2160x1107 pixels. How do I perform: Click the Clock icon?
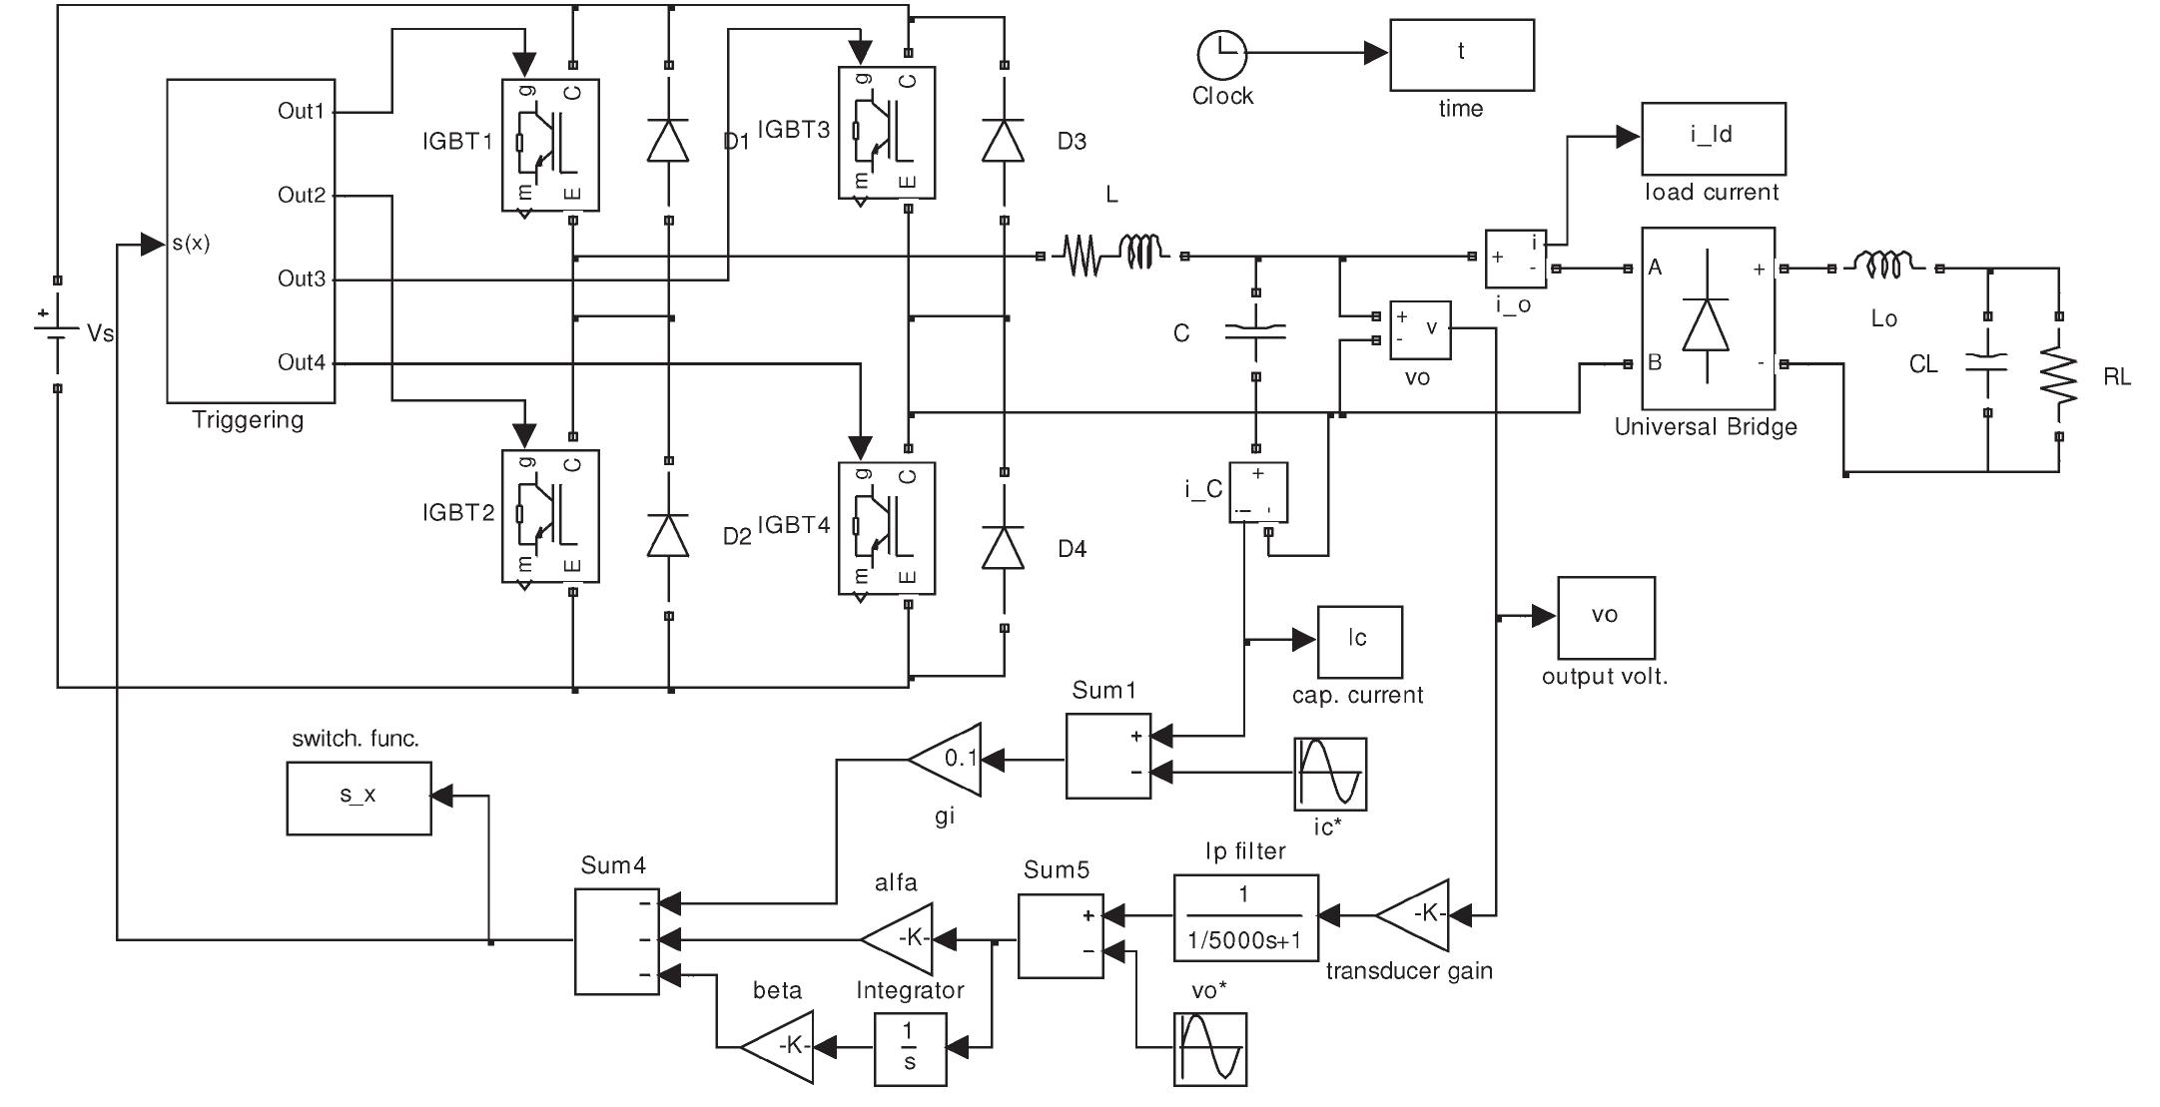[1221, 54]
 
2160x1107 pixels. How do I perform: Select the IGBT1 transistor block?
[549, 145]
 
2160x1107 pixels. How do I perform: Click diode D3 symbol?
[1004, 141]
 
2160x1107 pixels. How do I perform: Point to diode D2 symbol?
[668, 536]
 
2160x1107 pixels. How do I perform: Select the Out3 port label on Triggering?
[302, 278]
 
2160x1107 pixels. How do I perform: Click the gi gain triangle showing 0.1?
[948, 759]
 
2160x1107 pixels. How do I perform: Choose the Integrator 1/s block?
[910, 1049]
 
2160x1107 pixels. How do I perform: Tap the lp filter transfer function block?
[1245, 917]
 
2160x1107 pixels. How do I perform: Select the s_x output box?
[359, 798]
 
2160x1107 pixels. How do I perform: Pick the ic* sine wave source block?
[1329, 774]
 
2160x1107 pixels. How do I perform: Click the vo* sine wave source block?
[1209, 1049]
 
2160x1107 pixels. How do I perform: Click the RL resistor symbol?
[2058, 377]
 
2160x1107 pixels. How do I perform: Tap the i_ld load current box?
[1713, 138]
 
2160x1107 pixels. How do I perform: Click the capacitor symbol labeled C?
[1255, 333]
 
